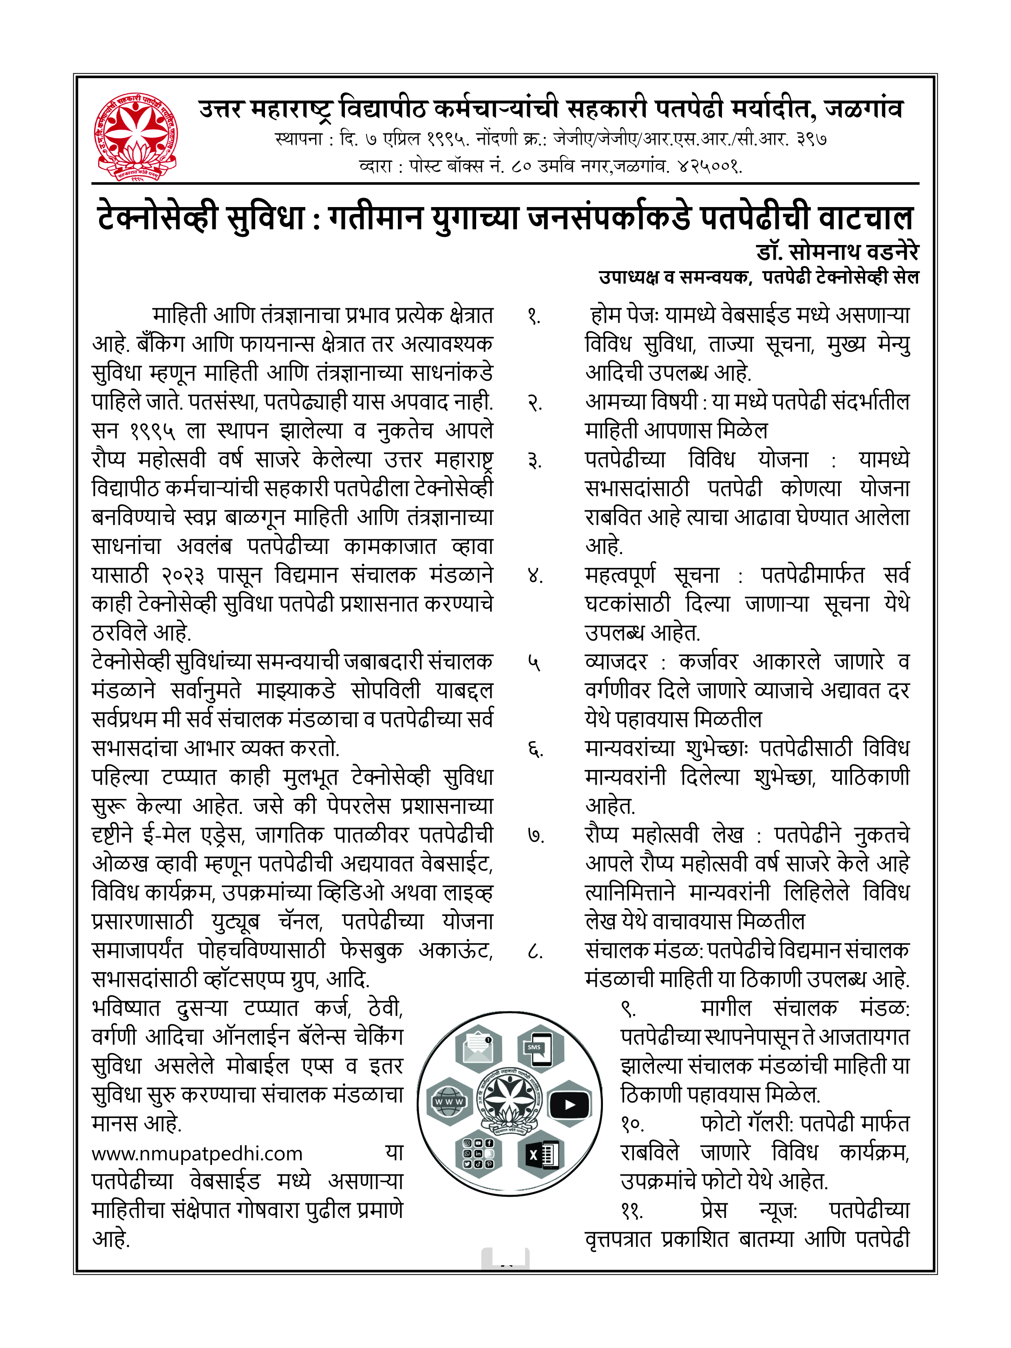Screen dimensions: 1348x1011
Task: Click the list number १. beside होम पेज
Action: point(534,316)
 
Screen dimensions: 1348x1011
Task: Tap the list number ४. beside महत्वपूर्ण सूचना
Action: point(534,576)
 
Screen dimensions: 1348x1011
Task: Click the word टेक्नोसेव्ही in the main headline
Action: point(157,218)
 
